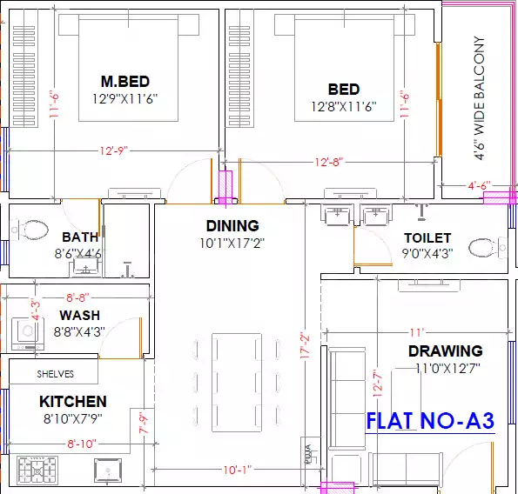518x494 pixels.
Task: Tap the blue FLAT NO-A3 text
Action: tap(430, 421)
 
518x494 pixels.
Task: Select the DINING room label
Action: tap(232, 226)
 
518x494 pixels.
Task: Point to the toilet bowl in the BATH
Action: tap(33, 230)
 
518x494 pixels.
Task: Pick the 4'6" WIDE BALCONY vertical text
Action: tap(479, 98)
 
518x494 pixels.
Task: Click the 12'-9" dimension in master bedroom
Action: tap(113, 150)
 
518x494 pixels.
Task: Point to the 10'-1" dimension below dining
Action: tap(237, 470)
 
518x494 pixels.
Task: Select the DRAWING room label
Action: tap(445, 351)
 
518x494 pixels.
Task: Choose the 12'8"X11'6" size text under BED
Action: tap(343, 107)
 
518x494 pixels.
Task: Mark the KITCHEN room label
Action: tap(73, 402)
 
